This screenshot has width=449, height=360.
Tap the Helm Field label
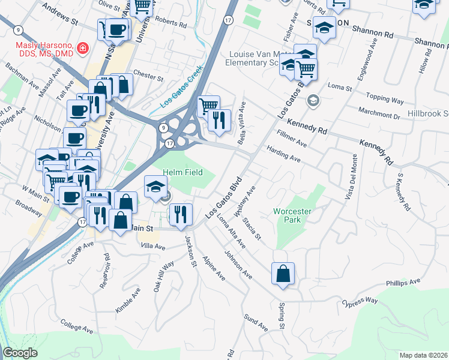coord(183,173)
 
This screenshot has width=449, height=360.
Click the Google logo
coord(19,353)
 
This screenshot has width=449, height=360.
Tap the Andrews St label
coord(61,13)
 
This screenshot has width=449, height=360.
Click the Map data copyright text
coord(424,355)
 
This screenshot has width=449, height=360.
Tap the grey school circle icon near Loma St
coord(312,100)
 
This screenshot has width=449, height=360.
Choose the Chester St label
coord(148,77)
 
